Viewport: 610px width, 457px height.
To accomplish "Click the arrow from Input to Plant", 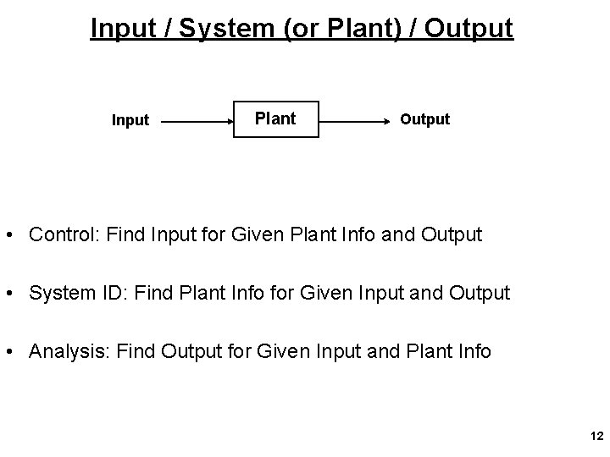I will [197, 122].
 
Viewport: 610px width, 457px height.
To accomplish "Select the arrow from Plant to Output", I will [356, 122].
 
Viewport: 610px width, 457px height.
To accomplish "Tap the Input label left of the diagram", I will [130, 120].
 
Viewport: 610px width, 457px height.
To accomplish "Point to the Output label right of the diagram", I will [425, 119].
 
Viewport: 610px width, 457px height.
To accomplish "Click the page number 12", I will [596, 436].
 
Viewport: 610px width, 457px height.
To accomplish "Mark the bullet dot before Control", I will [14, 234].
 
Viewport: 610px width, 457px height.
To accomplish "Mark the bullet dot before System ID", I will [14, 293].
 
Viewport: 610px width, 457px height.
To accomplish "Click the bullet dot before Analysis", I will [14, 350].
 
